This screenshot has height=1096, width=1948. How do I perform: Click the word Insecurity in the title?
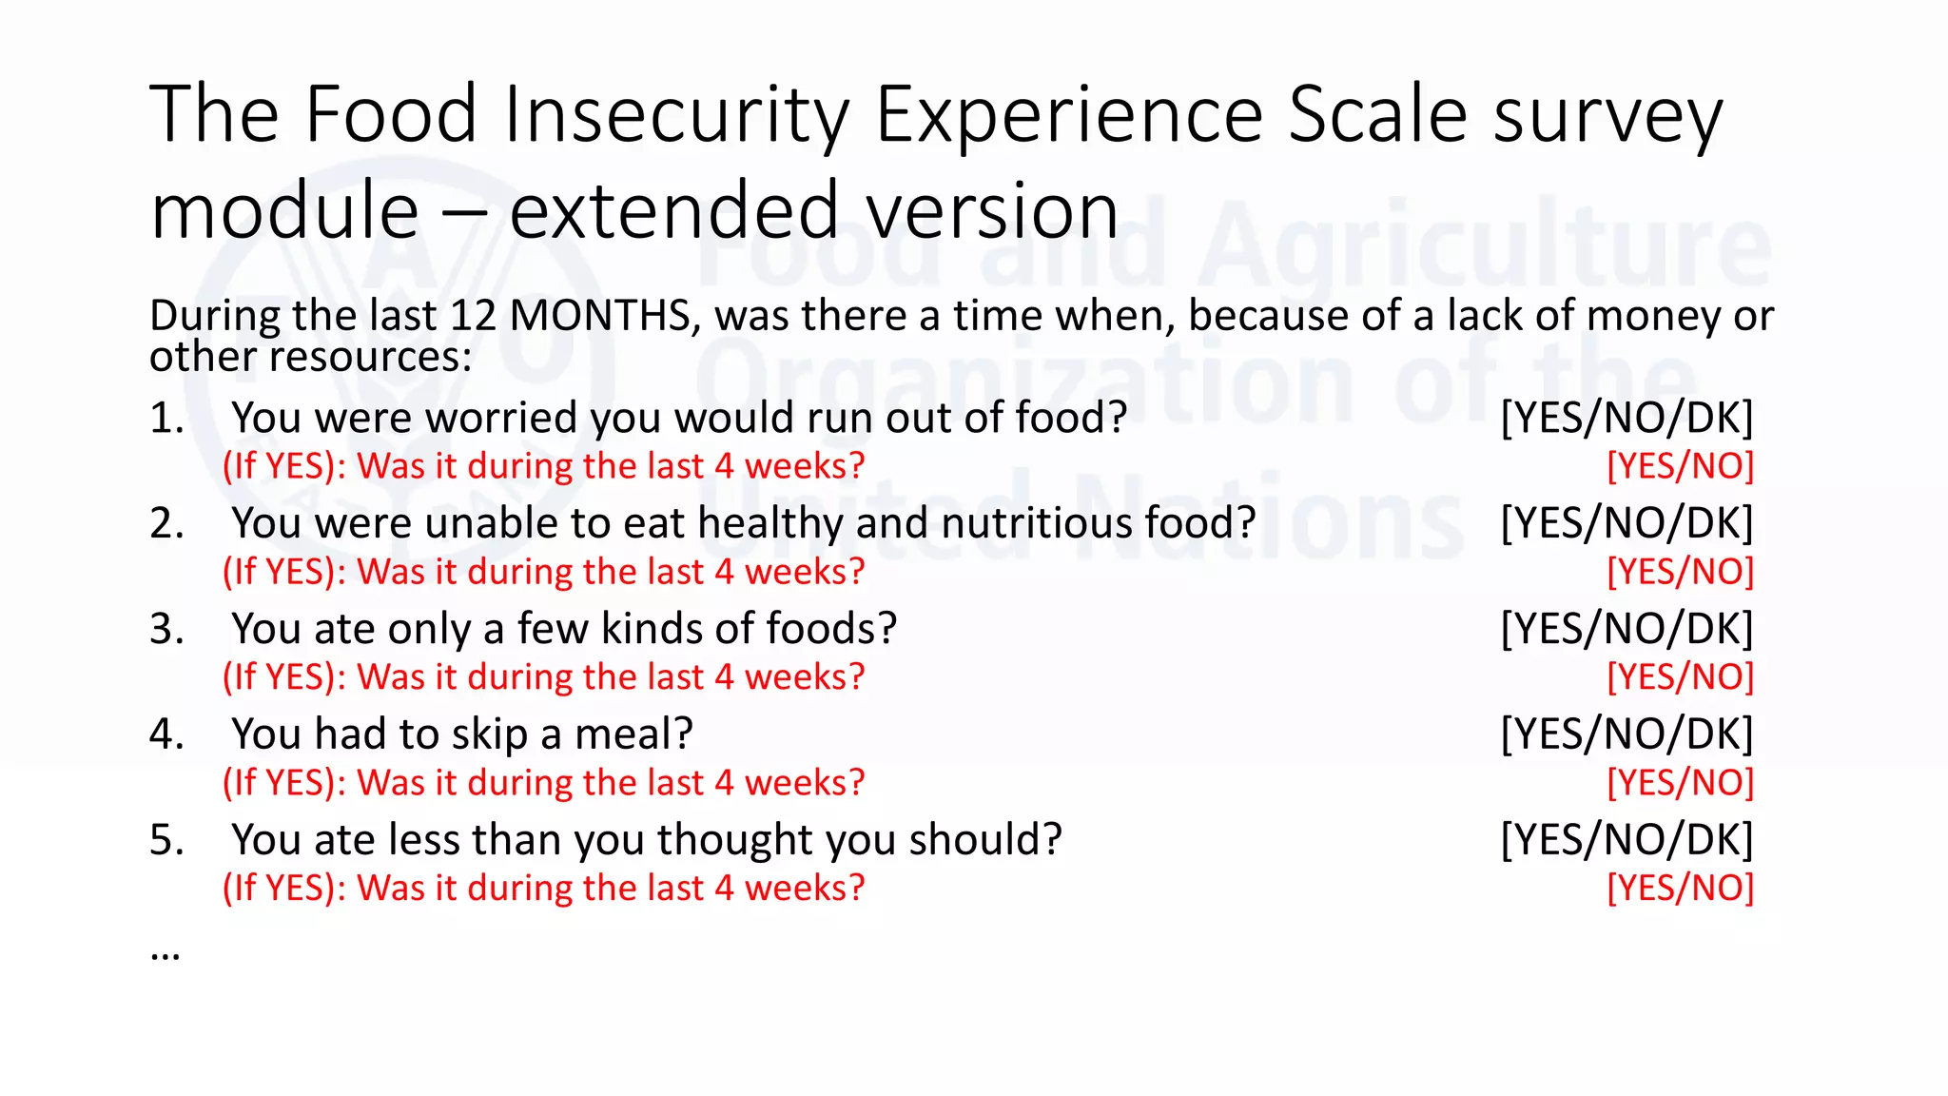(x=675, y=115)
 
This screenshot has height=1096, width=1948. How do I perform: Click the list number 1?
(x=166, y=418)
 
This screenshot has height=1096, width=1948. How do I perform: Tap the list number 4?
(x=166, y=734)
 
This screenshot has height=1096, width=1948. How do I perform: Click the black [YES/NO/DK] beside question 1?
(x=1627, y=418)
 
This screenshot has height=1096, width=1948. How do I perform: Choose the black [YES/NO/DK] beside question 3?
(x=1627, y=629)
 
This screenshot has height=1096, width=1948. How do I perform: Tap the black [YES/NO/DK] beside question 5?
(x=1627, y=840)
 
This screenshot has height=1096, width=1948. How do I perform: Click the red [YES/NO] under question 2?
(x=1680, y=572)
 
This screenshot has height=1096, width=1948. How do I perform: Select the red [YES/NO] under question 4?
(x=1680, y=783)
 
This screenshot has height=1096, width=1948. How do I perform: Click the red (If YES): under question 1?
(x=284, y=466)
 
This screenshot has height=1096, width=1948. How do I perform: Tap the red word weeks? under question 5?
(x=805, y=889)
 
